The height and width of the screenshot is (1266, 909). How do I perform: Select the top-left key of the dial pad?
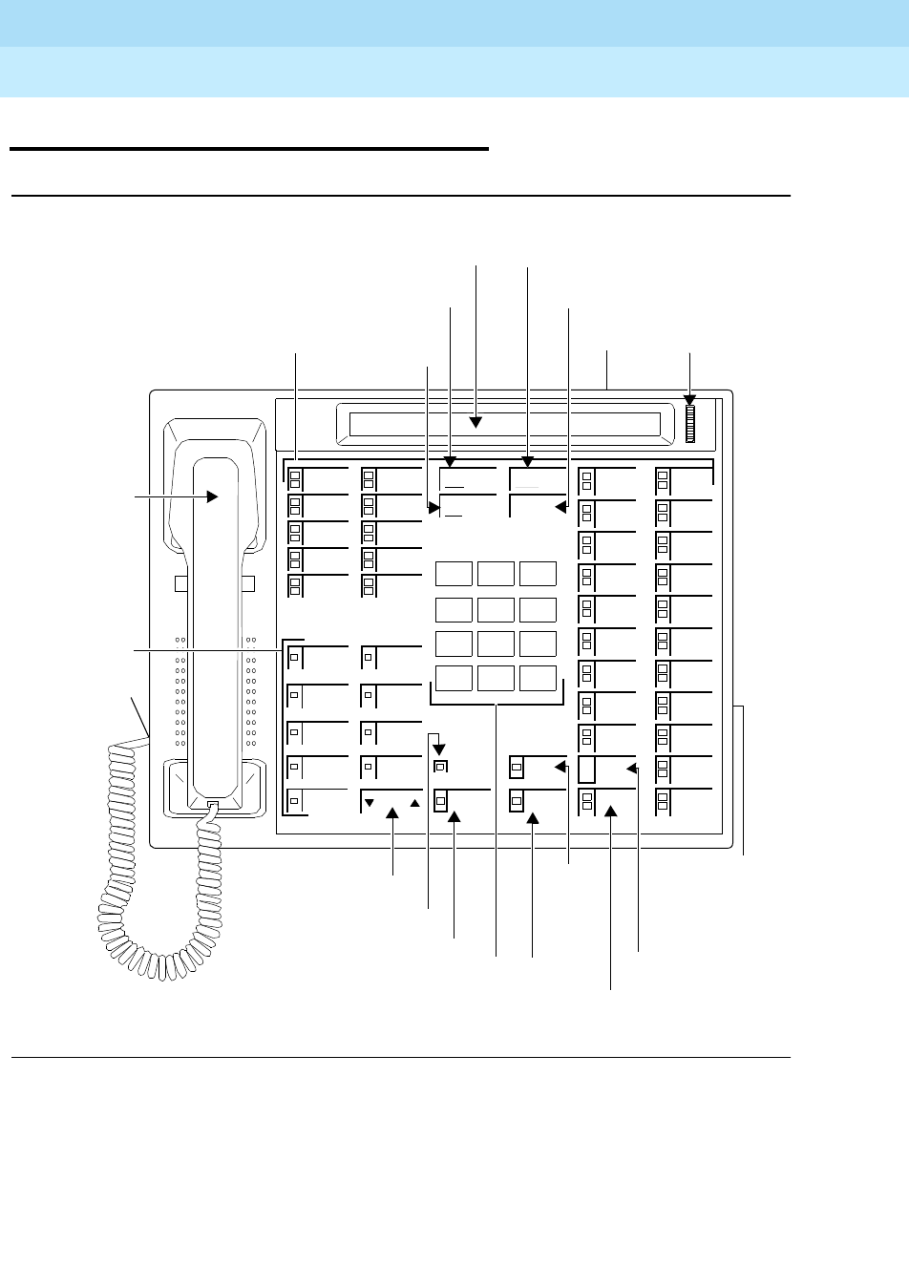[x=454, y=573]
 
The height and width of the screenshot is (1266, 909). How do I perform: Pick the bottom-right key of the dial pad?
[x=538, y=678]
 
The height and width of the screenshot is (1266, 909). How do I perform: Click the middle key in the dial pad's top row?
[x=496, y=573]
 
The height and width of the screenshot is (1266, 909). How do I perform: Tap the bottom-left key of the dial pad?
[x=454, y=678]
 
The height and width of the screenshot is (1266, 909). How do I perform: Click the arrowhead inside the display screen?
[x=476, y=421]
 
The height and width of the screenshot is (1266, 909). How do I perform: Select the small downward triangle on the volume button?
[x=370, y=803]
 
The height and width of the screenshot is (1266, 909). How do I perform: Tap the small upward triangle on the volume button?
[x=414, y=803]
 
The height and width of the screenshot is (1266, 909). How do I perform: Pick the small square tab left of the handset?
[x=180, y=584]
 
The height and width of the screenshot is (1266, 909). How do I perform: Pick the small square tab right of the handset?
[x=248, y=584]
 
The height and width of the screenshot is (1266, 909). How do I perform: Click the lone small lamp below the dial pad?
[x=440, y=766]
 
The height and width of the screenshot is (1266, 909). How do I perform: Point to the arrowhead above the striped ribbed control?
[x=689, y=401]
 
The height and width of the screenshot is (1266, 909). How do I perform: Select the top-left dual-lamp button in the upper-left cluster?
[x=295, y=477]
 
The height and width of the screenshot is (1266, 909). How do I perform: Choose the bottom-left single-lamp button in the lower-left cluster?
[x=294, y=800]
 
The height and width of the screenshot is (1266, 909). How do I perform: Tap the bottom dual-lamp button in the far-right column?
[x=663, y=801]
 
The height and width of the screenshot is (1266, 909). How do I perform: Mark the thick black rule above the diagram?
[x=248, y=149]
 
